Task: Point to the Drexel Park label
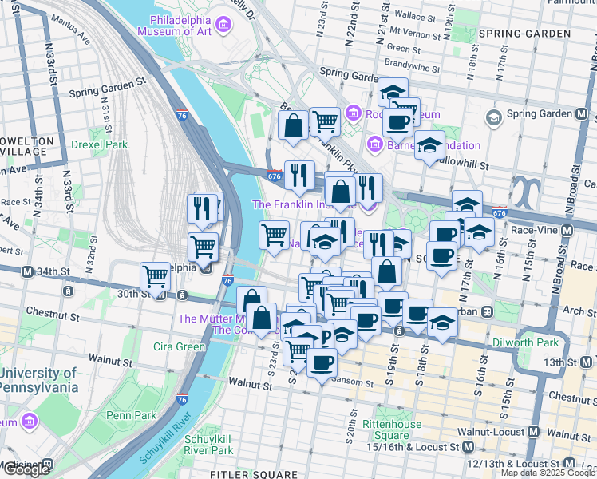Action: point(99,145)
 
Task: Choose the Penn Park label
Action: point(132,415)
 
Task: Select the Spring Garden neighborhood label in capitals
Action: point(524,34)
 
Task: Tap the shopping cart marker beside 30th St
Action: point(155,276)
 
